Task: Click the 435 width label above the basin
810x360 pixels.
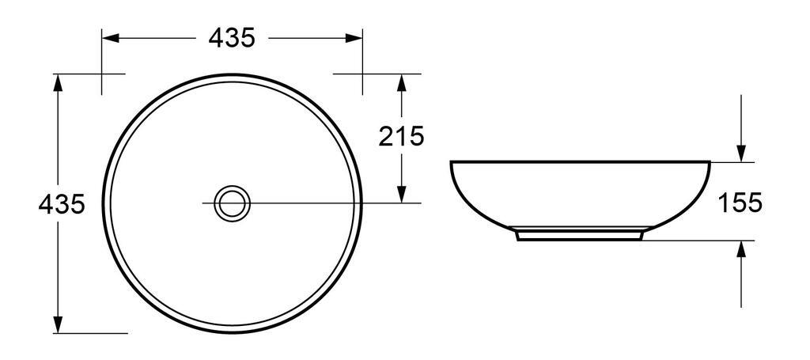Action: click(232, 37)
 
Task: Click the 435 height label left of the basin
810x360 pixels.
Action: click(62, 204)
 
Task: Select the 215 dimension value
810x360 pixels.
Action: click(401, 137)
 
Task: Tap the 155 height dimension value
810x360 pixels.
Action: click(740, 203)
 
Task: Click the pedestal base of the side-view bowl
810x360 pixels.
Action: click(580, 234)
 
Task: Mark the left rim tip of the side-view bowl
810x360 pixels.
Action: click(452, 163)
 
